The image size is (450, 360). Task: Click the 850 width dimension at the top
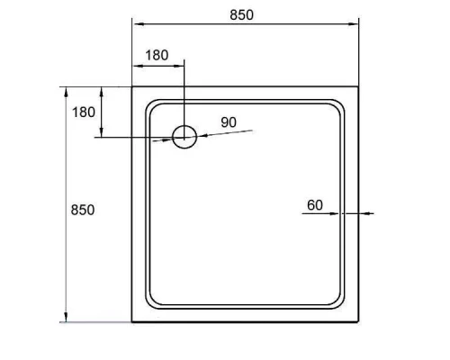tap(241, 14)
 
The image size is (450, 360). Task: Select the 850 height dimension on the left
tap(83, 209)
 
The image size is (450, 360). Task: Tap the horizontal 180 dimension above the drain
tap(157, 55)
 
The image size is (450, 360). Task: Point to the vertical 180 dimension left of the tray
tap(83, 112)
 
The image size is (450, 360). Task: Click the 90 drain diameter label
tap(228, 121)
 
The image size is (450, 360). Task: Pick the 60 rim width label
tap(314, 205)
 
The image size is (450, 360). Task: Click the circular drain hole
tap(184, 137)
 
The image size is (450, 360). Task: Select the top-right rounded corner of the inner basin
tap(342, 103)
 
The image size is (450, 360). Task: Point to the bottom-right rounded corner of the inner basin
tap(342, 304)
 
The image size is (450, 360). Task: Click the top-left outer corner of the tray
tap(133, 86)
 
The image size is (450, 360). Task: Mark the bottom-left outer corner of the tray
tap(133, 321)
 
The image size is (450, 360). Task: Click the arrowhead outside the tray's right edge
tap(364, 214)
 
